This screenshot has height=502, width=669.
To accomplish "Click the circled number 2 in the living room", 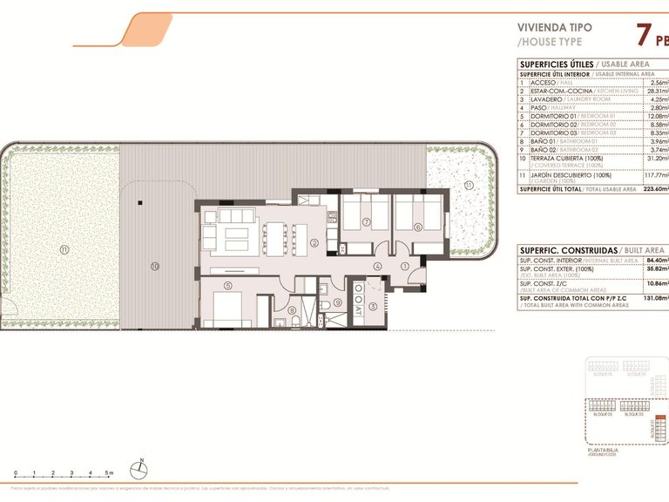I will coord(314,242).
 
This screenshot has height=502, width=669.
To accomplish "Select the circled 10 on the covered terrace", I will coord(153,266).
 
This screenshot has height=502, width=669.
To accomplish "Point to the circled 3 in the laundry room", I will coord(373,306).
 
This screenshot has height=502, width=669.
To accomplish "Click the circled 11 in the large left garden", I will coord(64,249).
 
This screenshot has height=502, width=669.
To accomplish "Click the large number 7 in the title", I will coord(643,37).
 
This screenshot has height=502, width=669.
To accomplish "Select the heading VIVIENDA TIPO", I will coord(555,27).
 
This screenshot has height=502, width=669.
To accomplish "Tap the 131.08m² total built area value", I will coord(653,297).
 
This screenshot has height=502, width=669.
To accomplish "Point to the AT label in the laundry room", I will coord(359,309).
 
